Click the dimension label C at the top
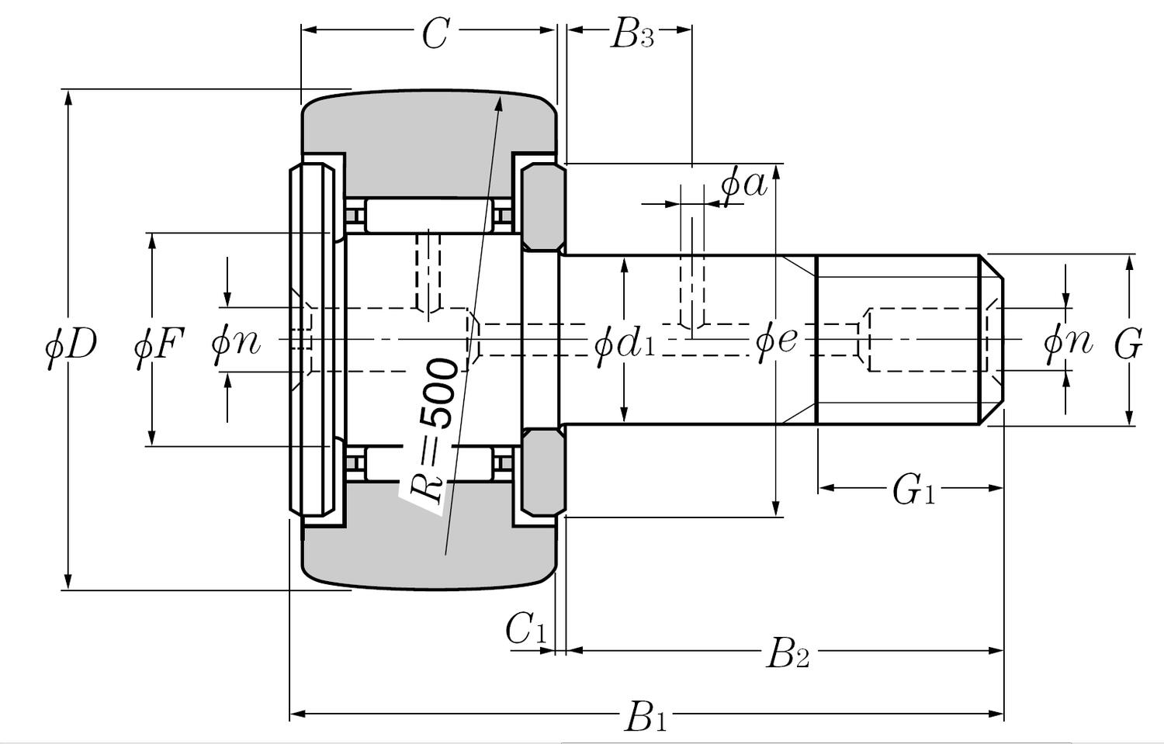[x=435, y=34]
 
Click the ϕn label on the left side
[x=236, y=341]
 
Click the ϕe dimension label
[x=776, y=340]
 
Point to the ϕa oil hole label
[x=743, y=185]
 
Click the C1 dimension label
[x=526, y=629]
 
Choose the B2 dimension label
[x=787, y=654]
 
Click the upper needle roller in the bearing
[x=428, y=216]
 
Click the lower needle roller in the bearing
[x=428, y=463]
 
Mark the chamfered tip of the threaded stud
[x=992, y=340]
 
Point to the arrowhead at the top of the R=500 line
[x=500, y=104]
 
